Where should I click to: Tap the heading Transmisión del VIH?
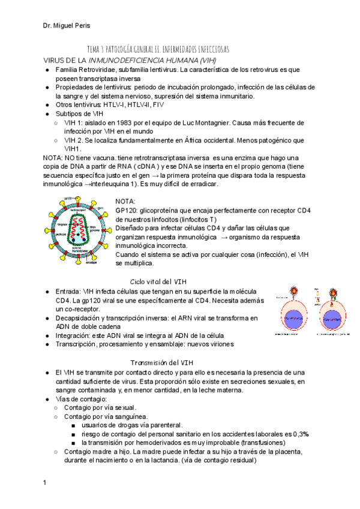[162, 363]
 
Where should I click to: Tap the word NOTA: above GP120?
[125, 201]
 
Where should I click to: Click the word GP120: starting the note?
[127, 210]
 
